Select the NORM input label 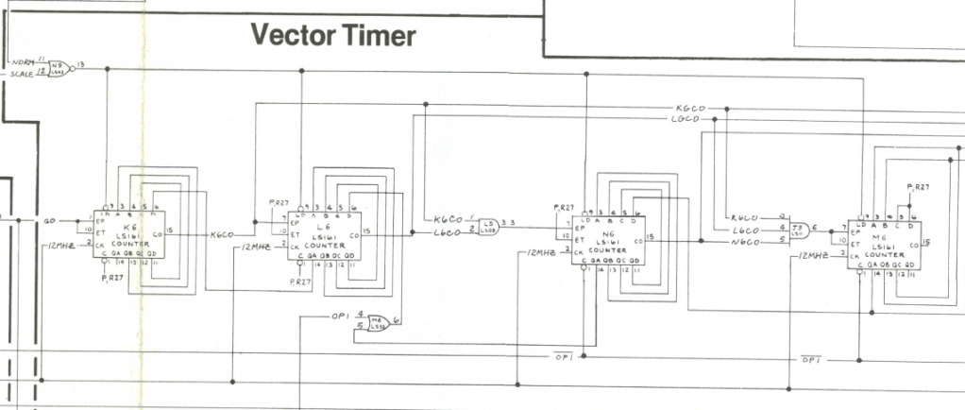click(x=22, y=62)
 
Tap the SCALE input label click(x=21, y=73)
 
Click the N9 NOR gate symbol click(x=59, y=68)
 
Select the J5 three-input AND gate click(x=799, y=229)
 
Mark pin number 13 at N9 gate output click(x=81, y=64)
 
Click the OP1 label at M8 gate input click(x=341, y=315)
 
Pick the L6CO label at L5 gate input click(x=446, y=232)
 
